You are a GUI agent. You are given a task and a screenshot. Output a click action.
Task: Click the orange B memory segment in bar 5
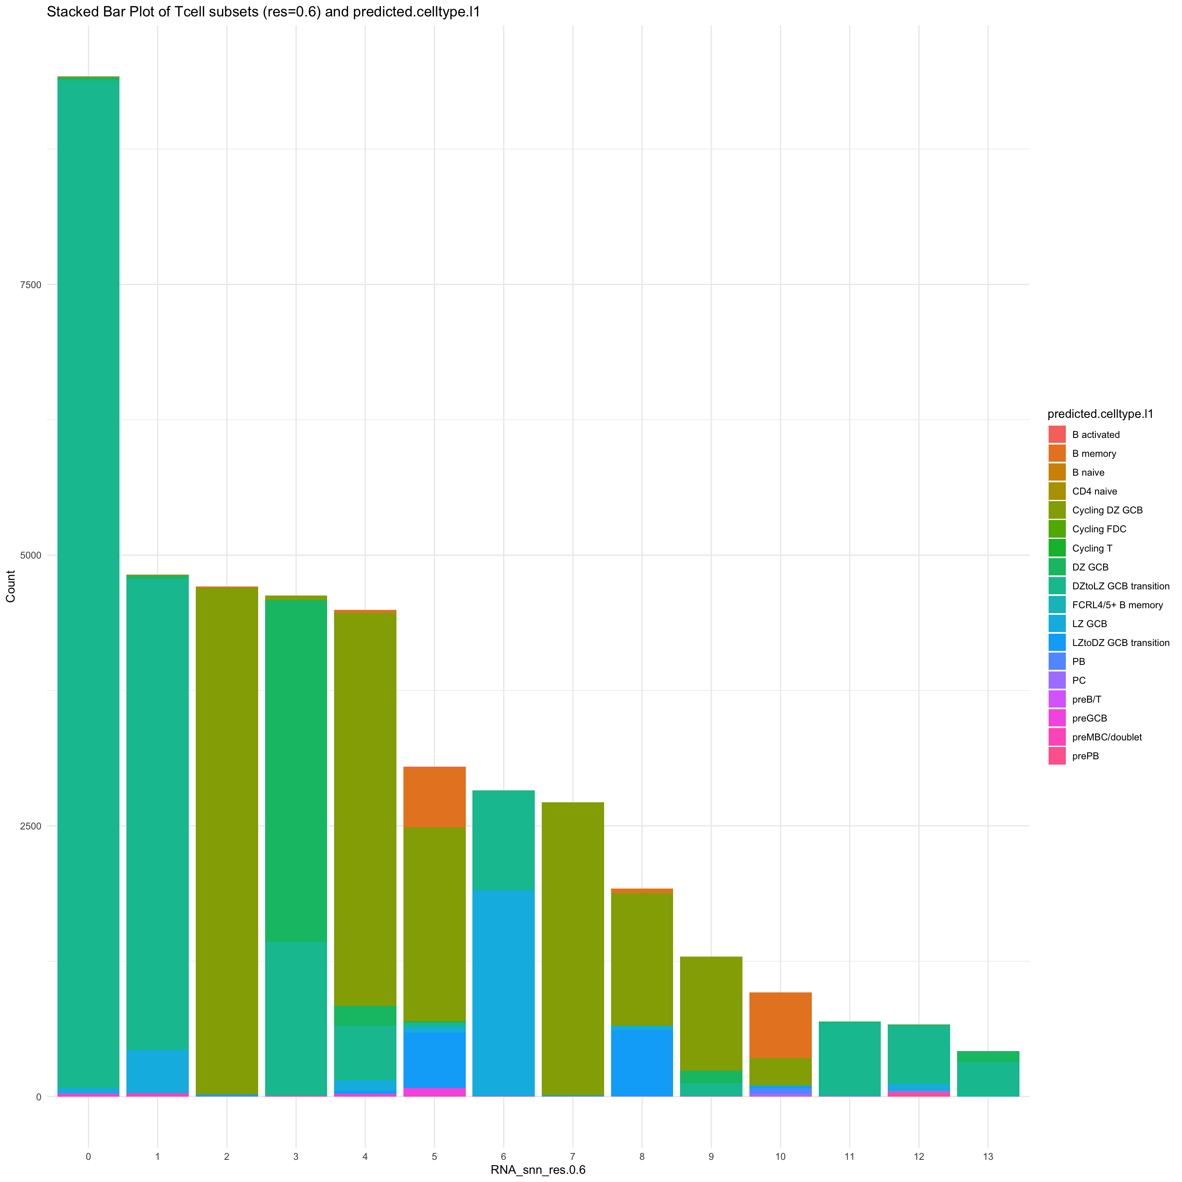[x=434, y=797]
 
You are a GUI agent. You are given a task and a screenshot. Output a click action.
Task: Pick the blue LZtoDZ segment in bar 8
[x=642, y=1063]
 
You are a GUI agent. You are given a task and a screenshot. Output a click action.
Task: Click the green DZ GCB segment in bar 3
[x=296, y=771]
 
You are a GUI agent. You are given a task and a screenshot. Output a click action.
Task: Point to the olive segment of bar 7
[x=573, y=948]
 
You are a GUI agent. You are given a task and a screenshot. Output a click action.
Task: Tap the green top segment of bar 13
[x=987, y=1056]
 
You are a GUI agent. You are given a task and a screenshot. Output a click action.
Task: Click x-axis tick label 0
[x=89, y=1140]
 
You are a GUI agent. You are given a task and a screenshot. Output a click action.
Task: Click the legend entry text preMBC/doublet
[x=1107, y=737]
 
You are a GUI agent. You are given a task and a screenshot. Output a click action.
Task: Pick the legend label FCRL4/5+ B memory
[x=1117, y=605]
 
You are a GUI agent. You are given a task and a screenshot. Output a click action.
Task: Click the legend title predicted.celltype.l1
[x=1100, y=414]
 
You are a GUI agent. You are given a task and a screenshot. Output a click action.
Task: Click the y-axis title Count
[x=11, y=586]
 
